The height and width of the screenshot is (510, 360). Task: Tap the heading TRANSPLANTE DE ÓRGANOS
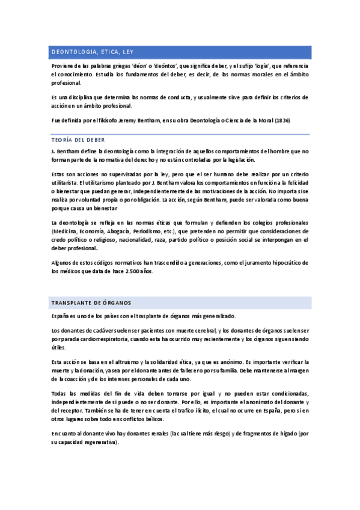tap(91, 302)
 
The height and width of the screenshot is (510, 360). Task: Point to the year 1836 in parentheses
tap(282, 120)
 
